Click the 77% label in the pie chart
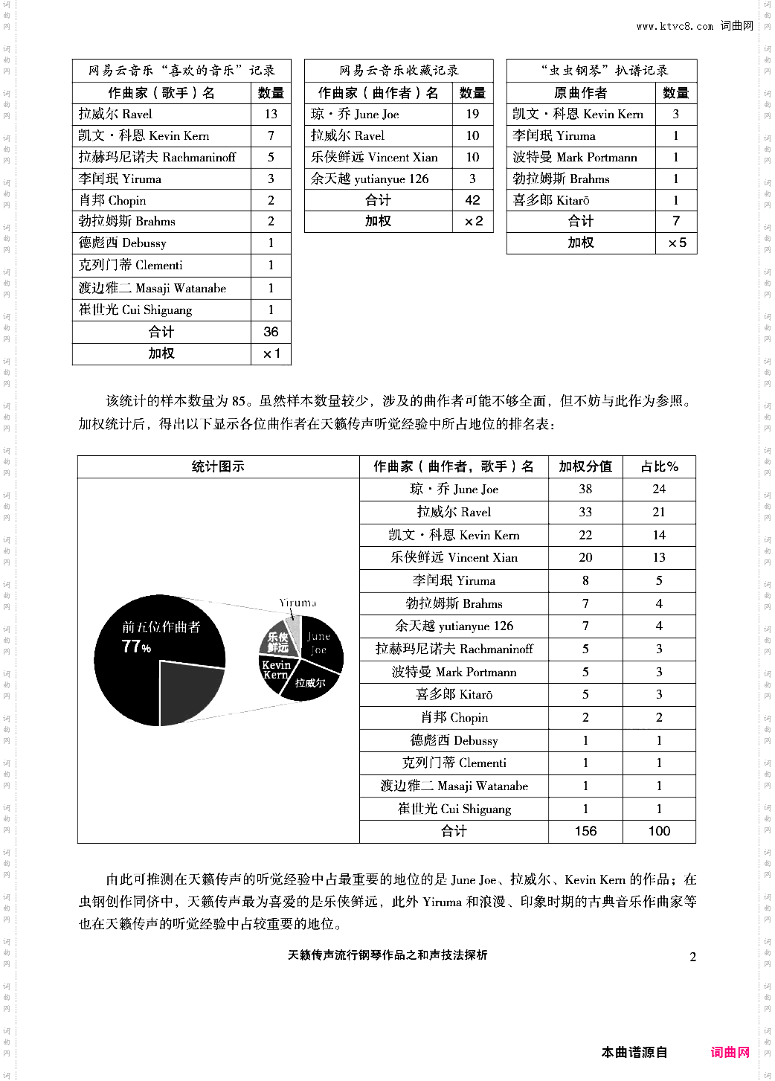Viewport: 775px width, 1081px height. [136, 647]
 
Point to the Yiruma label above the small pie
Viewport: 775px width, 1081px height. [298, 603]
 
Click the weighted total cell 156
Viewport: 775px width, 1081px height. [585, 831]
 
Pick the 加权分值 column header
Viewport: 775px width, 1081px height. [585, 466]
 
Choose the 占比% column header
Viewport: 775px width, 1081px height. [659, 466]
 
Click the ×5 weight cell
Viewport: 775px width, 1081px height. [676, 243]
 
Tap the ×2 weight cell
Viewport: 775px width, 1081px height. [473, 221]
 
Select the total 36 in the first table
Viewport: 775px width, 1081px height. [271, 332]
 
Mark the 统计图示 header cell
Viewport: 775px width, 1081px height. [218, 466]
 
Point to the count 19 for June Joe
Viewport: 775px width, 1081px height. [472, 114]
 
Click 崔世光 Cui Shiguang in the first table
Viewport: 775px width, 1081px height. [135, 309]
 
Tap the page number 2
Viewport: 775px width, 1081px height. [692, 957]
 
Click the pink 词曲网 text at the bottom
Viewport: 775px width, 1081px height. [730, 1052]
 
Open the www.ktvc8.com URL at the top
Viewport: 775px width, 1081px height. [674, 26]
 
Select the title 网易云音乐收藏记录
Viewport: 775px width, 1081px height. [399, 71]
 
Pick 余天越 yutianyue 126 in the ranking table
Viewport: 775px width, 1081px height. [454, 626]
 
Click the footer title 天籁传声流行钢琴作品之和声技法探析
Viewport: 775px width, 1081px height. [387, 955]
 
